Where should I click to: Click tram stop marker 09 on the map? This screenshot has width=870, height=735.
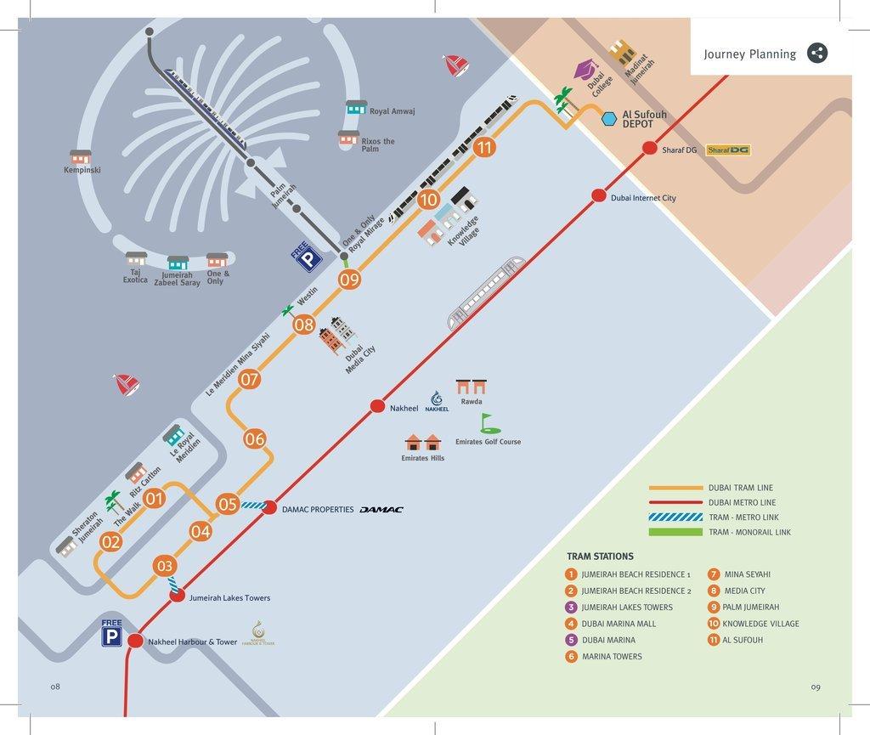click(349, 279)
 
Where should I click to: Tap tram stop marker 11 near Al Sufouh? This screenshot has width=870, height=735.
click(484, 148)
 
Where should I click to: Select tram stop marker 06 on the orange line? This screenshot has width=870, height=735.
click(255, 439)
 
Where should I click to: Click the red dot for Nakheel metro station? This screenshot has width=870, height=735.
click(378, 407)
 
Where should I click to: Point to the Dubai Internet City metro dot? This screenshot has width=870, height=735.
click(598, 196)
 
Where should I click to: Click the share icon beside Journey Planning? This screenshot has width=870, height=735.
click(816, 53)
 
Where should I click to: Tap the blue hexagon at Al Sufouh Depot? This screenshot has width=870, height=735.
click(609, 118)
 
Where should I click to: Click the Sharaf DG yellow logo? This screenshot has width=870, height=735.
click(728, 150)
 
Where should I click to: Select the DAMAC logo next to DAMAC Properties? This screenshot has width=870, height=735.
click(381, 510)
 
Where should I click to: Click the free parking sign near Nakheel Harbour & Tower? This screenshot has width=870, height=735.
click(112, 633)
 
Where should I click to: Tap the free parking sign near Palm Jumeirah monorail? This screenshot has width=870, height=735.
click(306, 257)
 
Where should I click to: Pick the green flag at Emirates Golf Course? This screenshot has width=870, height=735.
click(485, 422)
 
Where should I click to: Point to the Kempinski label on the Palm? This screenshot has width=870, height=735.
click(82, 170)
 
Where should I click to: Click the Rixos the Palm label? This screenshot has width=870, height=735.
click(378, 145)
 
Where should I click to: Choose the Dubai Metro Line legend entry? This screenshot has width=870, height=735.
click(742, 502)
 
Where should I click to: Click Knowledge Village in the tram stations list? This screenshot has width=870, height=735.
click(760, 624)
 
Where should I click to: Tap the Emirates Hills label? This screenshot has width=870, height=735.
click(423, 458)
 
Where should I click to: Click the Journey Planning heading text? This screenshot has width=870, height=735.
click(749, 54)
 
